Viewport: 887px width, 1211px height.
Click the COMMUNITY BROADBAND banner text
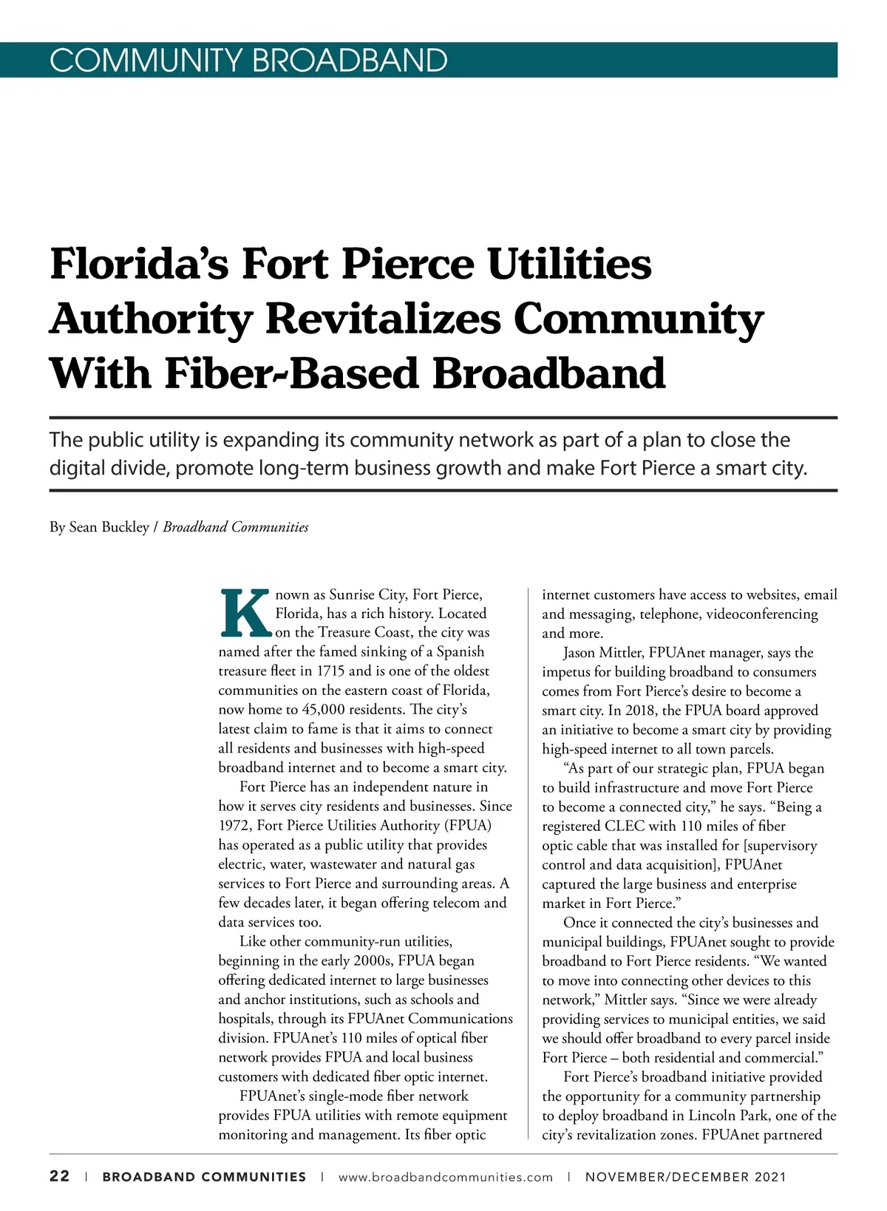248,60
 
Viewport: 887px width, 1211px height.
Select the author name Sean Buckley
109,527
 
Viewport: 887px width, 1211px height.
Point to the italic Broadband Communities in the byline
236,527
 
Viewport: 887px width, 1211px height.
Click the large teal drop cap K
245,613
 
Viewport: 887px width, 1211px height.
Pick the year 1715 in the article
330,671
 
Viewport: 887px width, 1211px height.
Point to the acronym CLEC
625,826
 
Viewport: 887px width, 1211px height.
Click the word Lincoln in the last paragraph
710,1116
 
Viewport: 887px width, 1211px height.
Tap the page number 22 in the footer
60,1176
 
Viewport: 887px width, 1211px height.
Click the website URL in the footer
445,1177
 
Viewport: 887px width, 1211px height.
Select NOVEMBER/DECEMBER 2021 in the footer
685,1177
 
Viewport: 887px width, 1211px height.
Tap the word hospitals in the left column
245,1019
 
